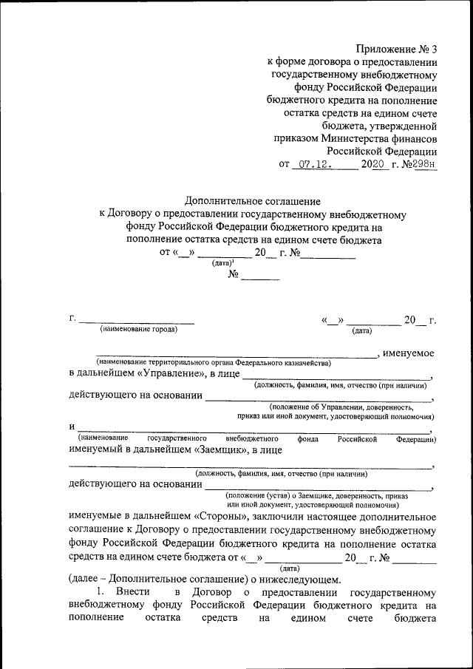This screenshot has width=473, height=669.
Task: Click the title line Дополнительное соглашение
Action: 252,201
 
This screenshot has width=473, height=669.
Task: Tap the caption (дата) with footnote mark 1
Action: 222,262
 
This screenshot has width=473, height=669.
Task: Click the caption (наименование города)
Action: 139,329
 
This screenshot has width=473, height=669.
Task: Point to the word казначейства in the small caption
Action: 306,363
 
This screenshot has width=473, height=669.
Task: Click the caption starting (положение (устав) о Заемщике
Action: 319,495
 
